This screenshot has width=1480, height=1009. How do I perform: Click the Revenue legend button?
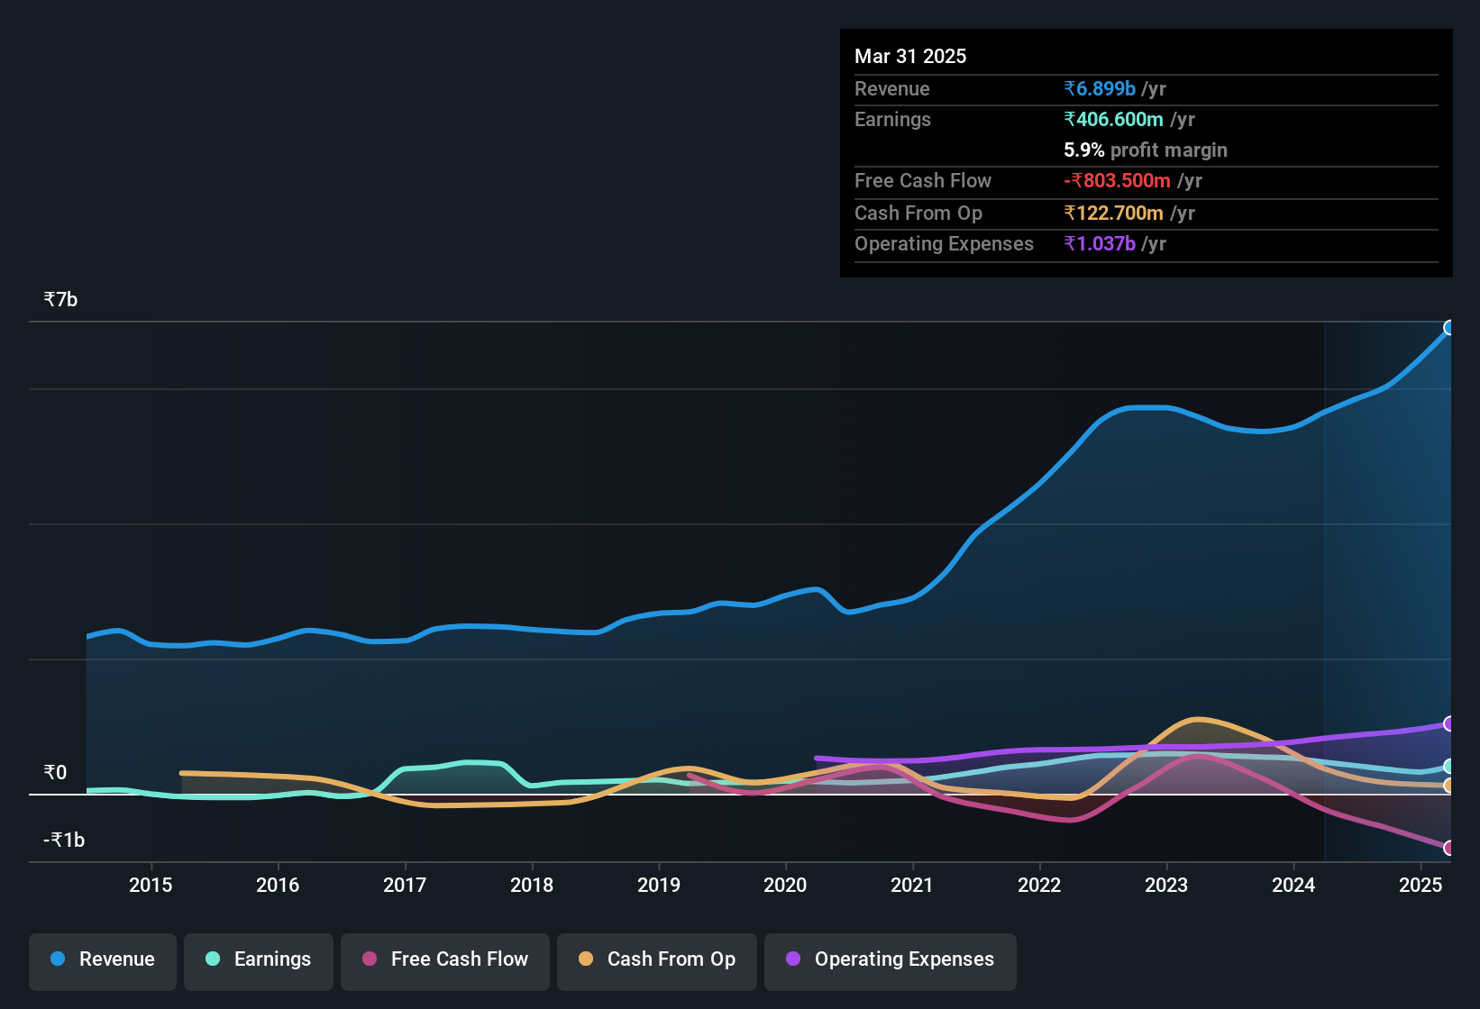[103, 959]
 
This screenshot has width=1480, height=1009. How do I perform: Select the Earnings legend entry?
[259, 959]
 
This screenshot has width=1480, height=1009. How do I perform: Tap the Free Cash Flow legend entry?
[445, 959]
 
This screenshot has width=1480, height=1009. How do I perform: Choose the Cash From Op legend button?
[657, 959]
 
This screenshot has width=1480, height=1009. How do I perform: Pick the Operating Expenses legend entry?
[891, 959]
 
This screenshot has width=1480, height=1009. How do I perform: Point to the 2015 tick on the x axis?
[151, 885]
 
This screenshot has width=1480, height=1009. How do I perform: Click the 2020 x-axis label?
[785, 885]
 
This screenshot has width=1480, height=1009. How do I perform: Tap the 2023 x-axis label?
[1166, 885]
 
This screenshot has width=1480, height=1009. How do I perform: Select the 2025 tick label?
[1421, 885]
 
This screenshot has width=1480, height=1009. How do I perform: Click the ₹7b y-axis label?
[61, 299]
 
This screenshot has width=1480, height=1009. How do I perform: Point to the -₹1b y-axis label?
[64, 840]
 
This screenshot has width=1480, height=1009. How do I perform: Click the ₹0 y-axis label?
[55, 772]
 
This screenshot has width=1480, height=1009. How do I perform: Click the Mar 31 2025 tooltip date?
[910, 56]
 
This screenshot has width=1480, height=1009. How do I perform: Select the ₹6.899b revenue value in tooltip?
[1100, 88]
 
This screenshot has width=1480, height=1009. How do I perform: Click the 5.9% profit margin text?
[1145, 150]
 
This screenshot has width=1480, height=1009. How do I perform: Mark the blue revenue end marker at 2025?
[1448, 328]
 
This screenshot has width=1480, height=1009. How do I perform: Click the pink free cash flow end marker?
[1448, 848]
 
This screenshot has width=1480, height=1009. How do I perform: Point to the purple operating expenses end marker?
[1448, 723]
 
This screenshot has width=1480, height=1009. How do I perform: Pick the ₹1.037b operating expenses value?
[1100, 243]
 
